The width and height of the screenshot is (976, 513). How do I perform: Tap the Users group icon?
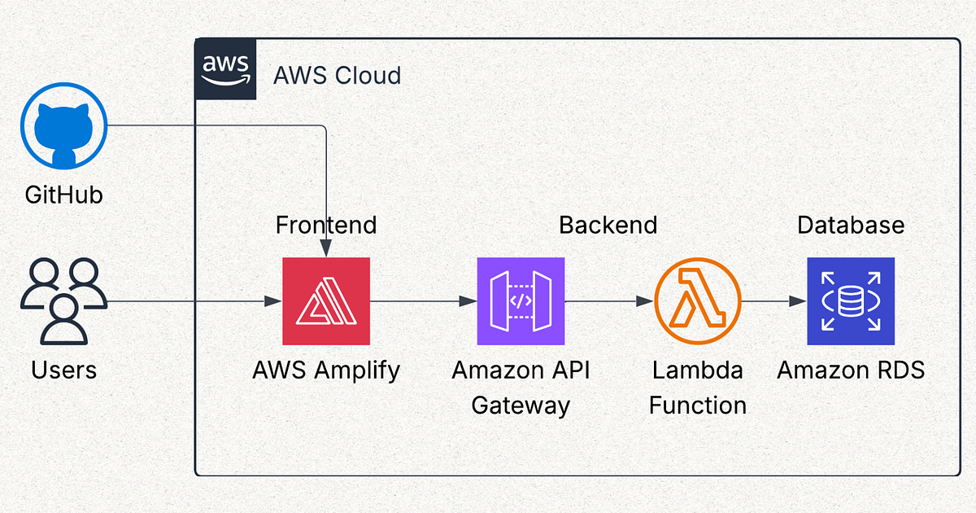(63, 301)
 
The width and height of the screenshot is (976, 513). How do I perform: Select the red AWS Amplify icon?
(326, 301)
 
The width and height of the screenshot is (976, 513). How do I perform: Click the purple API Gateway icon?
(521, 301)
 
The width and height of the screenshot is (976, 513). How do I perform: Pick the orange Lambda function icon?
(698, 301)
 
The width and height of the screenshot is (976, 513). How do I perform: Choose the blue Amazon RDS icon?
(851, 301)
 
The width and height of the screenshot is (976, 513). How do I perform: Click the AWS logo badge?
(226, 69)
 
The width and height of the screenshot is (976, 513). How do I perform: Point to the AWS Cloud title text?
(337, 76)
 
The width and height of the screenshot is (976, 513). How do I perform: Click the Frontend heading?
(326, 225)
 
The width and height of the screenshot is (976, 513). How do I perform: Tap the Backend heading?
(608, 225)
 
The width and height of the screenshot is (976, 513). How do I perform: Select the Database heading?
(851, 225)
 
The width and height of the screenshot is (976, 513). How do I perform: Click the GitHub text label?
(63, 195)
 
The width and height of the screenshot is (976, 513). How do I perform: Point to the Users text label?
(63, 370)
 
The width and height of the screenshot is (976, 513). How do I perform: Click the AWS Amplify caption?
(326, 370)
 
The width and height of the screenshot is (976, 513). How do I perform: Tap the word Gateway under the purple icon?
(521, 405)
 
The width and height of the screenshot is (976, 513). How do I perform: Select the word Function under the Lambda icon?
(698, 405)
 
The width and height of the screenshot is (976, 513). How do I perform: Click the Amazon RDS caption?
(851, 370)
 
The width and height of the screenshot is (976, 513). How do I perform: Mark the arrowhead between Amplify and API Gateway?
(468, 301)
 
